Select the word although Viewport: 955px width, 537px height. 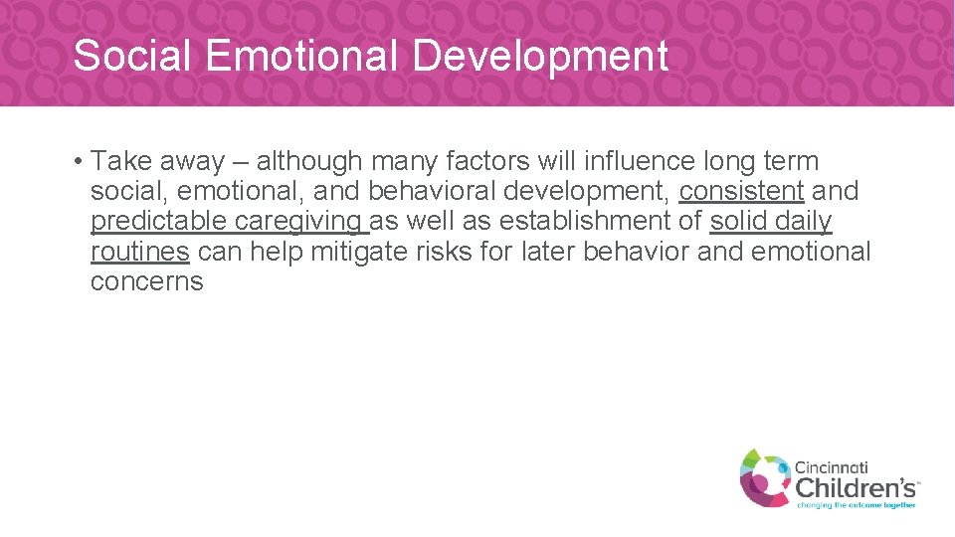point(309,161)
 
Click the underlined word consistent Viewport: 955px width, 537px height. point(741,191)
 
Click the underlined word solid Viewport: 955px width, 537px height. point(737,221)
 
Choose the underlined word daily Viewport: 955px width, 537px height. point(803,222)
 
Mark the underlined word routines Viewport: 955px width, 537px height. point(139,251)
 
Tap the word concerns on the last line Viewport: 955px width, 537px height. point(146,281)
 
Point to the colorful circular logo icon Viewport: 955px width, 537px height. point(764,476)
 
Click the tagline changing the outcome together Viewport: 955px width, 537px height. point(857,505)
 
